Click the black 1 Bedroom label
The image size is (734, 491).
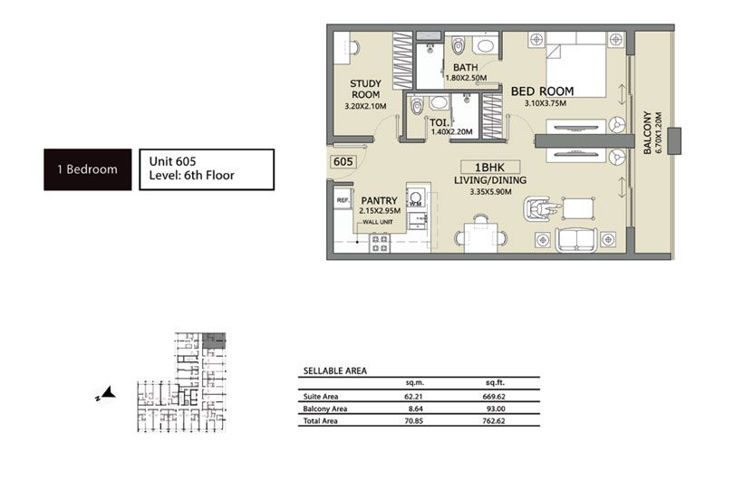(x=88, y=169)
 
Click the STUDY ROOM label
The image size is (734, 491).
(x=365, y=89)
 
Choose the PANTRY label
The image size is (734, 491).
(x=379, y=202)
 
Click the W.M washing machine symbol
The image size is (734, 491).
(x=417, y=200)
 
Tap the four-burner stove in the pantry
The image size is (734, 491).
(x=380, y=243)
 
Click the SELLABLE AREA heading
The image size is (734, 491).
(x=334, y=371)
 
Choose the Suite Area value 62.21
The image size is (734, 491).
(x=416, y=396)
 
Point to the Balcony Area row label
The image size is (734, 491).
(x=324, y=409)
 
